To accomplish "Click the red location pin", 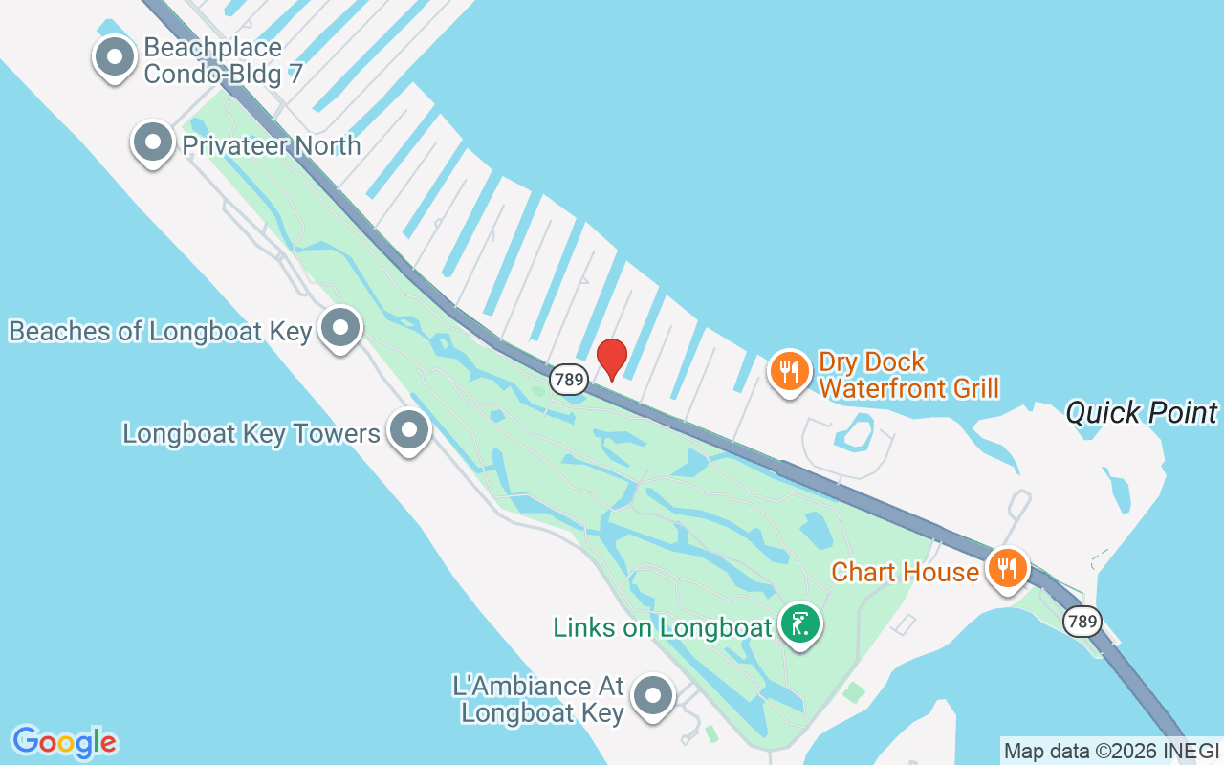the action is click(612, 359).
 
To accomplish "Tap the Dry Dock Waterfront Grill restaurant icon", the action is click(788, 371).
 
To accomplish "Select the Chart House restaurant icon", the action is click(1006, 568).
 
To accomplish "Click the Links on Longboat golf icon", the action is click(799, 623).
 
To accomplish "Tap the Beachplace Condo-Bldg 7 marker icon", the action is click(115, 56).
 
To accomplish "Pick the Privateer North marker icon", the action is click(152, 142).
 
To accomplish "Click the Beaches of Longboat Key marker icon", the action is click(339, 328).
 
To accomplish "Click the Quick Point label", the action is click(1142, 413).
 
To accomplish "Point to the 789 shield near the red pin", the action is click(568, 380).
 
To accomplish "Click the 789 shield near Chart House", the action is click(1082, 622).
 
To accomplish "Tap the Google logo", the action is click(64, 742).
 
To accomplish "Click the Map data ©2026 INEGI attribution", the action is click(1111, 752).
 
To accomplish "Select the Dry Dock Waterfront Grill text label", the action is click(908, 375).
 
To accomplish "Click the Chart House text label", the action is click(905, 572).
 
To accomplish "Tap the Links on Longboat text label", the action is click(662, 627).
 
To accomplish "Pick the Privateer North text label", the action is click(272, 145).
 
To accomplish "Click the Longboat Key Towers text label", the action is click(251, 433).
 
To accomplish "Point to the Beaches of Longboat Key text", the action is click(161, 331).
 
